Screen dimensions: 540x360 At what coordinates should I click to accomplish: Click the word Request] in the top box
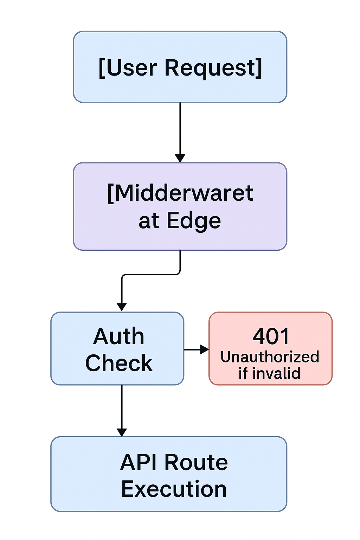[213, 68]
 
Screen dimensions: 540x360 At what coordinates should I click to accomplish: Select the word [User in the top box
[128, 68]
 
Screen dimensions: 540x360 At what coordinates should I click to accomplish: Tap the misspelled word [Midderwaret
[180, 193]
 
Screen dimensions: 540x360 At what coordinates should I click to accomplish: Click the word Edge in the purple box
[194, 221]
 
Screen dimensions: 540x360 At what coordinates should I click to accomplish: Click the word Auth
[119, 336]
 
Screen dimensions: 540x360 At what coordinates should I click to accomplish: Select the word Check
[119, 363]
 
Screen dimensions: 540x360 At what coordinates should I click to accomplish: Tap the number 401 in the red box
[271, 336]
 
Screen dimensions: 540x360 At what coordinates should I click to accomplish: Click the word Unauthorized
[270, 357]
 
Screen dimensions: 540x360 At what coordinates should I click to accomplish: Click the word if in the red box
[243, 373]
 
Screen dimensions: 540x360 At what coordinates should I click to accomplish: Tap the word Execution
[174, 489]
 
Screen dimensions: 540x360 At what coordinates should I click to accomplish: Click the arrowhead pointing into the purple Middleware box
[180, 158]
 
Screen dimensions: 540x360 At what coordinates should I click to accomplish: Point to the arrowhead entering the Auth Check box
[122, 307]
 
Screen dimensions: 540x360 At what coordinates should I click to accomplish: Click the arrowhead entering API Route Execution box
[122, 432]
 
